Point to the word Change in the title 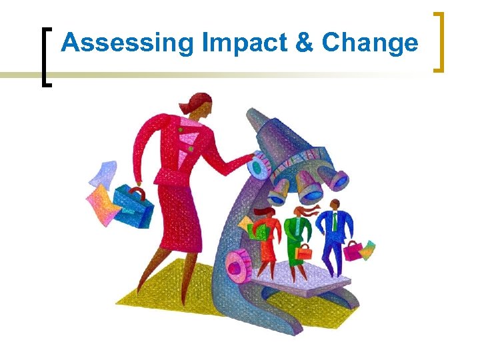pos(370,43)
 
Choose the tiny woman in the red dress pos(267,237)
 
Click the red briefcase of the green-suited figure pos(305,253)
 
